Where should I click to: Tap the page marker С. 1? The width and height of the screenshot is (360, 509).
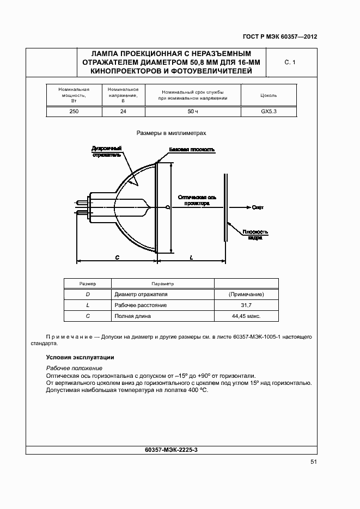290,63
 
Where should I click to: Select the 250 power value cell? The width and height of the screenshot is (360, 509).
74,111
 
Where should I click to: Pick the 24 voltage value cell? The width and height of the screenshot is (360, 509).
123,111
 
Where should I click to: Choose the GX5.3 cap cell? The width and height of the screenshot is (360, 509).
269,111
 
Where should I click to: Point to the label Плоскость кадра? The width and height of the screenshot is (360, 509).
255,234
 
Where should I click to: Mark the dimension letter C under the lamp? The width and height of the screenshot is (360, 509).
117,257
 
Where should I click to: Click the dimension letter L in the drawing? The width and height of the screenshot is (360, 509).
192,257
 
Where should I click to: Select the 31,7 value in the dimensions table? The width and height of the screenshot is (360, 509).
247,305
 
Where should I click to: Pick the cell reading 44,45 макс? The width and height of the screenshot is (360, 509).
247,316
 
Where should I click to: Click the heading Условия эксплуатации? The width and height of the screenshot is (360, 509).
80,358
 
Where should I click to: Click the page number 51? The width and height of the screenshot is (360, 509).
314,462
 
